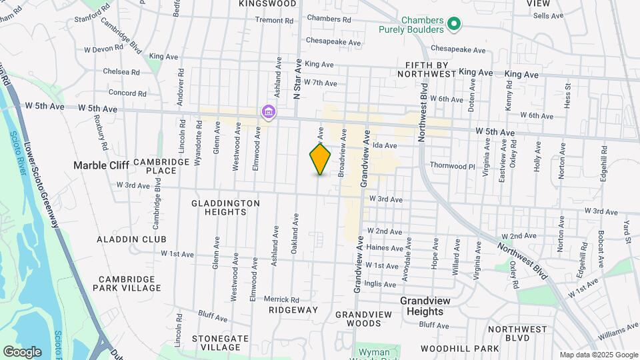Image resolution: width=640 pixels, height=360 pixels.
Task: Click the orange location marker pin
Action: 320,159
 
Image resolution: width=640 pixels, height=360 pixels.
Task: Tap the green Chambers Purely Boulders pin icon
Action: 454,25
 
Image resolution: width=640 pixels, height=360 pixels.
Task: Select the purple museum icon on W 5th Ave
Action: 268,111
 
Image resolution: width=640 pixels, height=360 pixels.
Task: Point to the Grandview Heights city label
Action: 431,306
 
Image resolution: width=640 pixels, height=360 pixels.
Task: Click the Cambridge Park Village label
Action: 130,283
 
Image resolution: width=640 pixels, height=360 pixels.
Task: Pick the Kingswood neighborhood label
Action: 267,3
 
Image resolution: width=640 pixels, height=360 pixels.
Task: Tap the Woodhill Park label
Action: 460,349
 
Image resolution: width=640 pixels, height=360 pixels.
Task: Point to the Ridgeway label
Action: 293,310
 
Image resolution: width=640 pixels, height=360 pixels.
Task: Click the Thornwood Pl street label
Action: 452,165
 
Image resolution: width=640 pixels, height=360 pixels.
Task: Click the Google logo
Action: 22,351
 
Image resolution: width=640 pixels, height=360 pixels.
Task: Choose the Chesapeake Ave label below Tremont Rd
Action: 333,43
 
